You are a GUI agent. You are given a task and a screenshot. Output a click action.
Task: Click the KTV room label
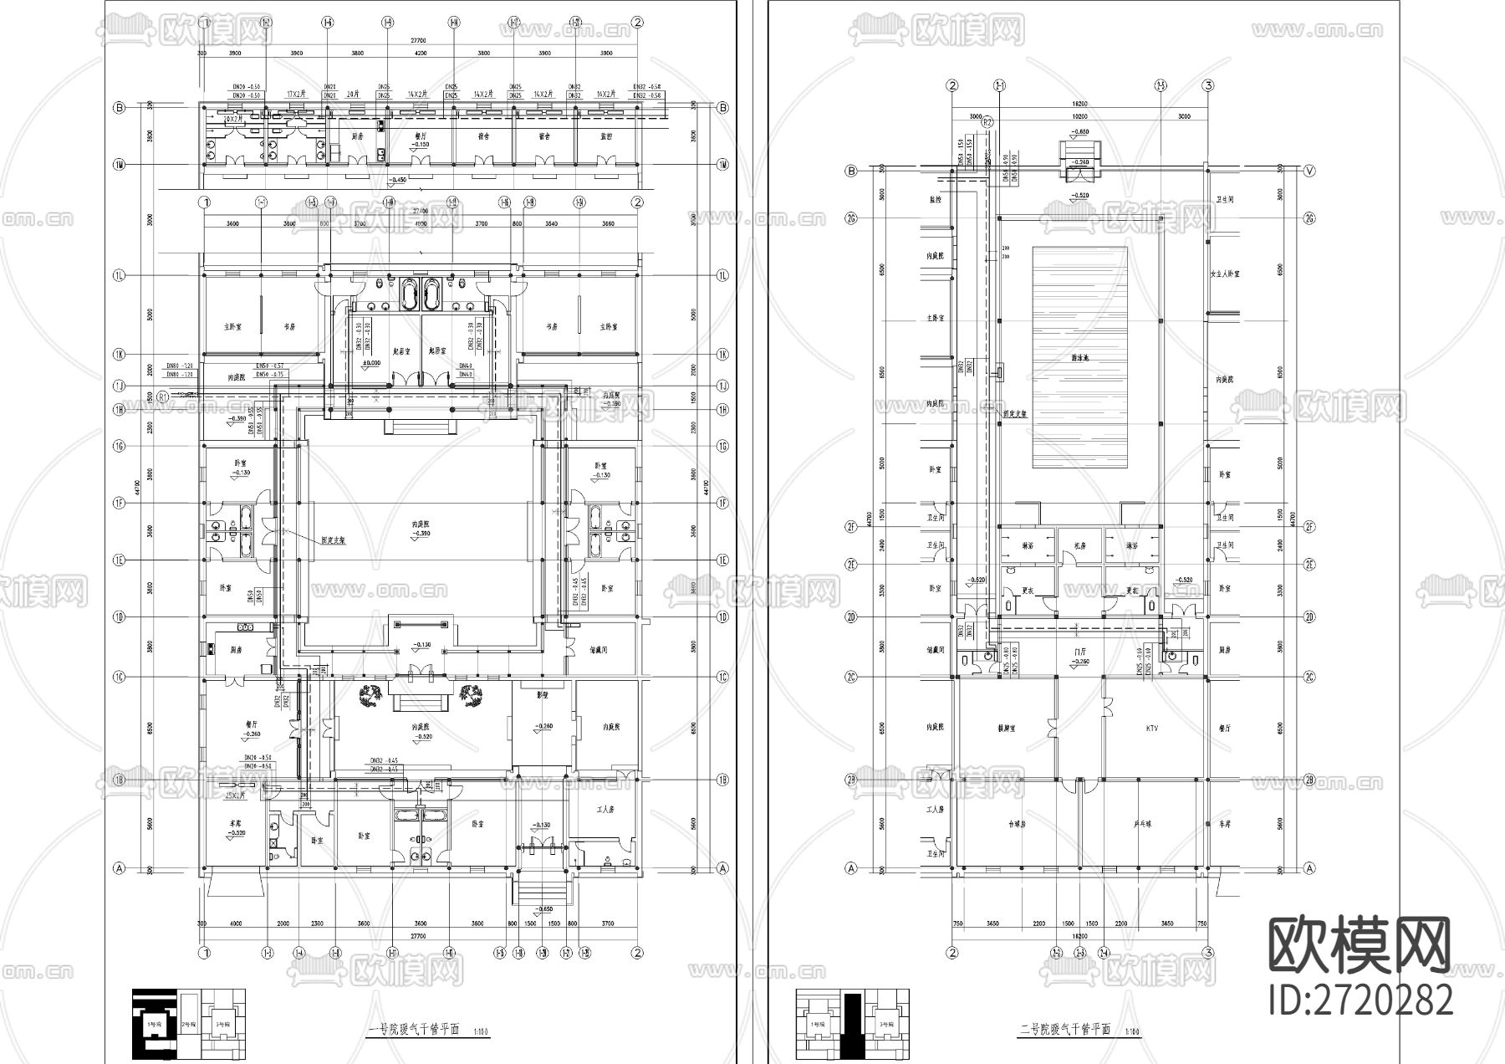pos(1152,729)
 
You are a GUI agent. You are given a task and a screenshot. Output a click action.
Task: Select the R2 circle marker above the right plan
pos(987,122)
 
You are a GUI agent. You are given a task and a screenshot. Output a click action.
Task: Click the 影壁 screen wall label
pos(542,695)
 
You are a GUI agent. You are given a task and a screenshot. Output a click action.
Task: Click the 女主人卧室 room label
pos(1225,274)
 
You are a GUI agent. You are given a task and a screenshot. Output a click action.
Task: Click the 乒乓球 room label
pos(1142,824)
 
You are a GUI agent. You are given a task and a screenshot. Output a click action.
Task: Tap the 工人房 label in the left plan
pos(605,810)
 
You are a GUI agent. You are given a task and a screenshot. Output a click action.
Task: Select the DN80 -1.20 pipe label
pos(179,366)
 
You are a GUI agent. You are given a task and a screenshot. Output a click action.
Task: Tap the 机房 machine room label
pos(1079,545)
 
